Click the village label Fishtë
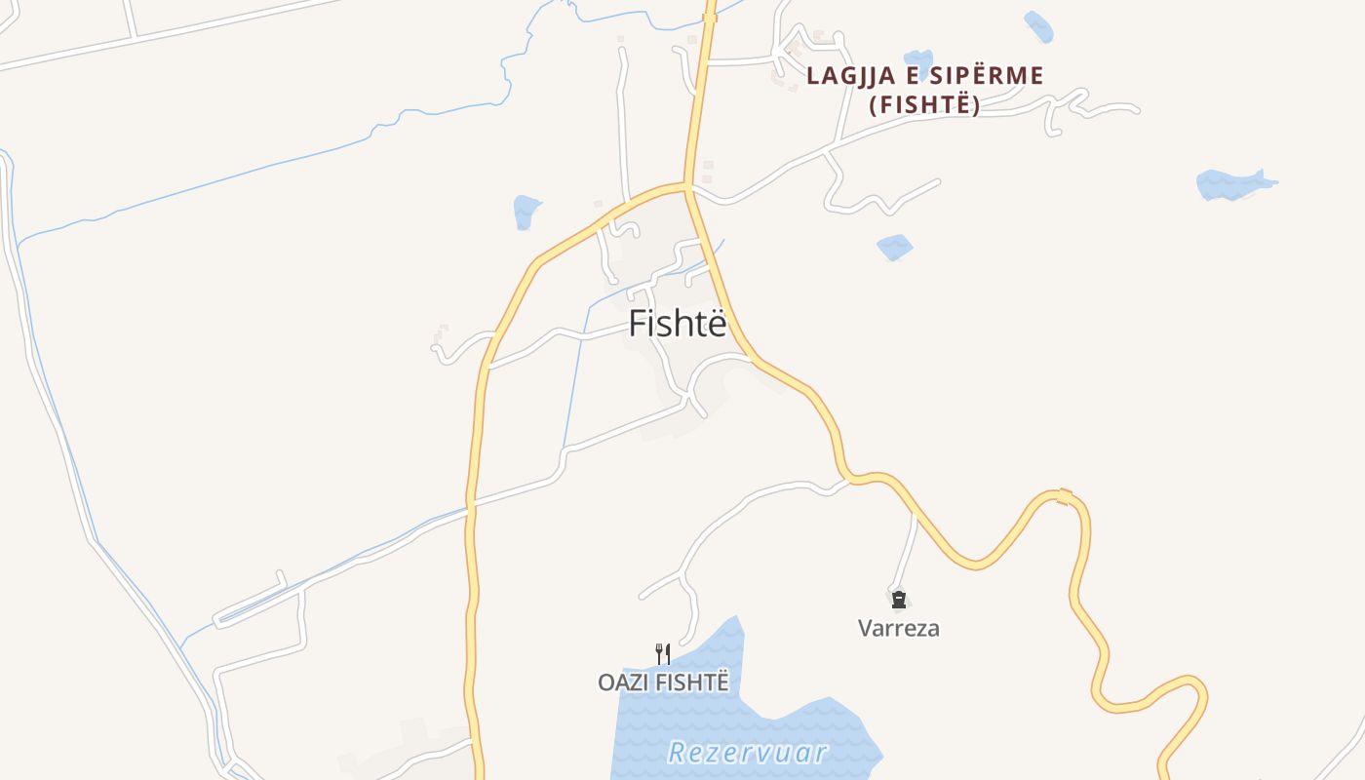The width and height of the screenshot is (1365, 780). (x=678, y=324)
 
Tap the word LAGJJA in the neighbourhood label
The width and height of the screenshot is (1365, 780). (x=843, y=76)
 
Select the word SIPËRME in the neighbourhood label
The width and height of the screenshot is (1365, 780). (x=986, y=76)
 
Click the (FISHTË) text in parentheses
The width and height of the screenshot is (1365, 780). (x=924, y=105)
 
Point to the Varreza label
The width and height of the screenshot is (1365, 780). (x=899, y=628)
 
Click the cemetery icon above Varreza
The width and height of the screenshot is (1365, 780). (x=898, y=599)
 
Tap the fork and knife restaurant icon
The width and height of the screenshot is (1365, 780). (x=663, y=652)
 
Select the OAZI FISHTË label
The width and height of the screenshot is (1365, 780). (x=663, y=682)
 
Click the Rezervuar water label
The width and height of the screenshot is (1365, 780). (x=749, y=753)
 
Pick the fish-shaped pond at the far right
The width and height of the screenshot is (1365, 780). (x=1232, y=183)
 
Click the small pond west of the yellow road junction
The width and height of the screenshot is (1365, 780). (x=526, y=211)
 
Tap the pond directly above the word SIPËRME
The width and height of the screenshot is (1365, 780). (x=917, y=58)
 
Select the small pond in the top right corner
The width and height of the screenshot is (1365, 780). (x=1038, y=26)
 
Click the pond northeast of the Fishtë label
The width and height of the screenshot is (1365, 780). (x=894, y=248)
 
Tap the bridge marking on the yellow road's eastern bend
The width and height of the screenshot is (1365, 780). (x=1065, y=497)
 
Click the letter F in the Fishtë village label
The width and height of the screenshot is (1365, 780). (x=638, y=324)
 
